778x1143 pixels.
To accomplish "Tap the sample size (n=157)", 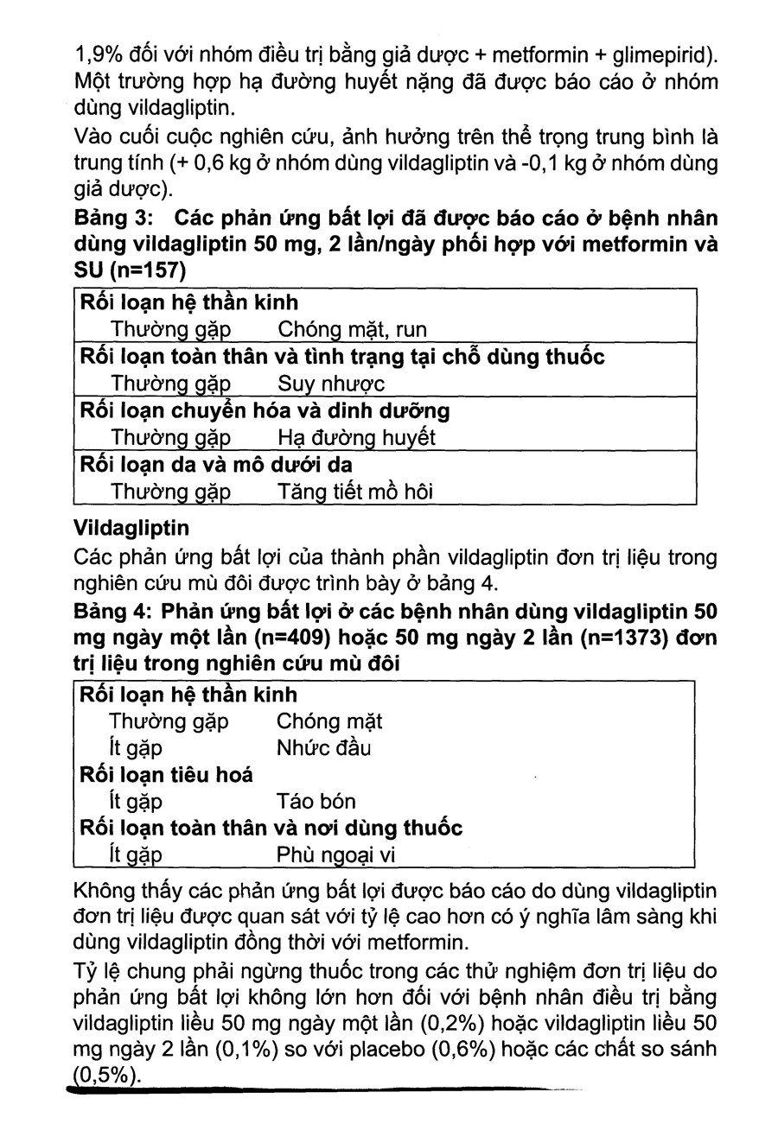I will pyautogui.click(x=143, y=271).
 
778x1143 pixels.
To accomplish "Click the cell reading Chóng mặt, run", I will pyautogui.click(x=352, y=329).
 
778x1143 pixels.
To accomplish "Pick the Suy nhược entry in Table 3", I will pyautogui.click(x=331, y=384).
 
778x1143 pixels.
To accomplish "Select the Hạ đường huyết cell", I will pyautogui.click(x=356, y=438).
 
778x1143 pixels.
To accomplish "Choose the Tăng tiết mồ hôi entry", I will pyautogui.click(x=354, y=492).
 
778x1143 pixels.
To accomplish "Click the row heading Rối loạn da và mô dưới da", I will pyautogui.click(x=215, y=465).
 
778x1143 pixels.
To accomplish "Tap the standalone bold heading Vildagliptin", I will pyautogui.click(x=132, y=526).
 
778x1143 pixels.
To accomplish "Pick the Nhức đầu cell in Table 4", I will pyautogui.click(x=323, y=747).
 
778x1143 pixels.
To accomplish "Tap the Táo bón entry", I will pyautogui.click(x=316, y=801).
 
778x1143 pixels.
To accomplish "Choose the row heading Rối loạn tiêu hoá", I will pyautogui.click(x=166, y=774).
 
